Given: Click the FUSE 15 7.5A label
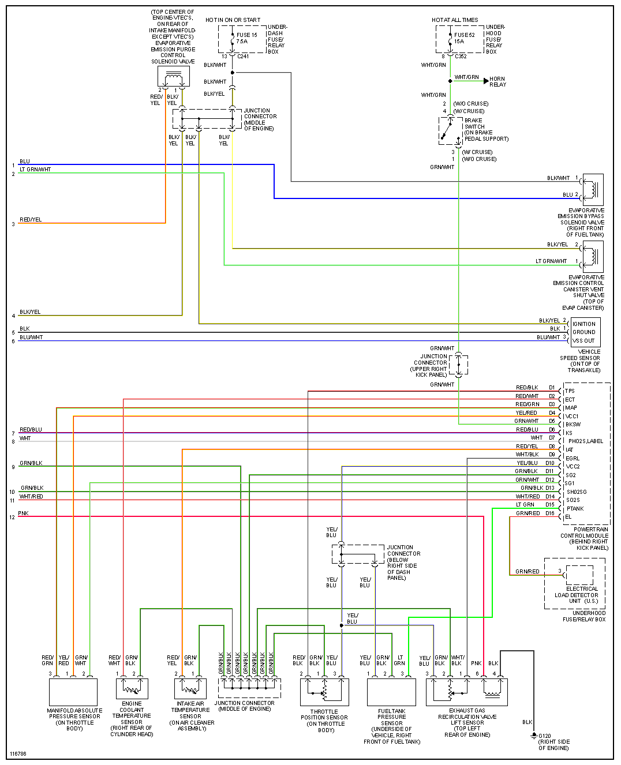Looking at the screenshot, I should click(247, 38).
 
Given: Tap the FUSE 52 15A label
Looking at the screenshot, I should click(464, 38).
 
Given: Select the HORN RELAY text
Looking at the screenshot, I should click(497, 82).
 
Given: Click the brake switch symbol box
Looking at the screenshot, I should click(451, 131).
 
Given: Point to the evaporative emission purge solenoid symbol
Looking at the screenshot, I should click(174, 77).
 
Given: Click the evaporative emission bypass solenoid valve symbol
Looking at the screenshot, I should click(593, 189).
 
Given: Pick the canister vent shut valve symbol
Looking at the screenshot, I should click(593, 257).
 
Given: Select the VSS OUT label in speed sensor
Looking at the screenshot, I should click(583, 341).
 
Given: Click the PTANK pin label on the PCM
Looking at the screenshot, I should click(575, 509).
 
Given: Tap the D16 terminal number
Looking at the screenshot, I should click(550, 513).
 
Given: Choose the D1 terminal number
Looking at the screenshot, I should click(552, 388).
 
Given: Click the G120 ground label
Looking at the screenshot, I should click(545, 736).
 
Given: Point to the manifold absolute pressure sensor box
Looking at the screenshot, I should click(73, 692).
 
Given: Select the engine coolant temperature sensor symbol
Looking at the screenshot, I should click(132, 688).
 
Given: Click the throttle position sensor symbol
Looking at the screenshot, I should click(324, 692).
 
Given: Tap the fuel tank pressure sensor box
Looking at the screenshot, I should click(391, 692).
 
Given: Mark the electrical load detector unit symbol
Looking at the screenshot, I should click(579, 575).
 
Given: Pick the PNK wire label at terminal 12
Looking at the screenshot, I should click(23, 513).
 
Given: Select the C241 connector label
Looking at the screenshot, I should click(243, 57).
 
